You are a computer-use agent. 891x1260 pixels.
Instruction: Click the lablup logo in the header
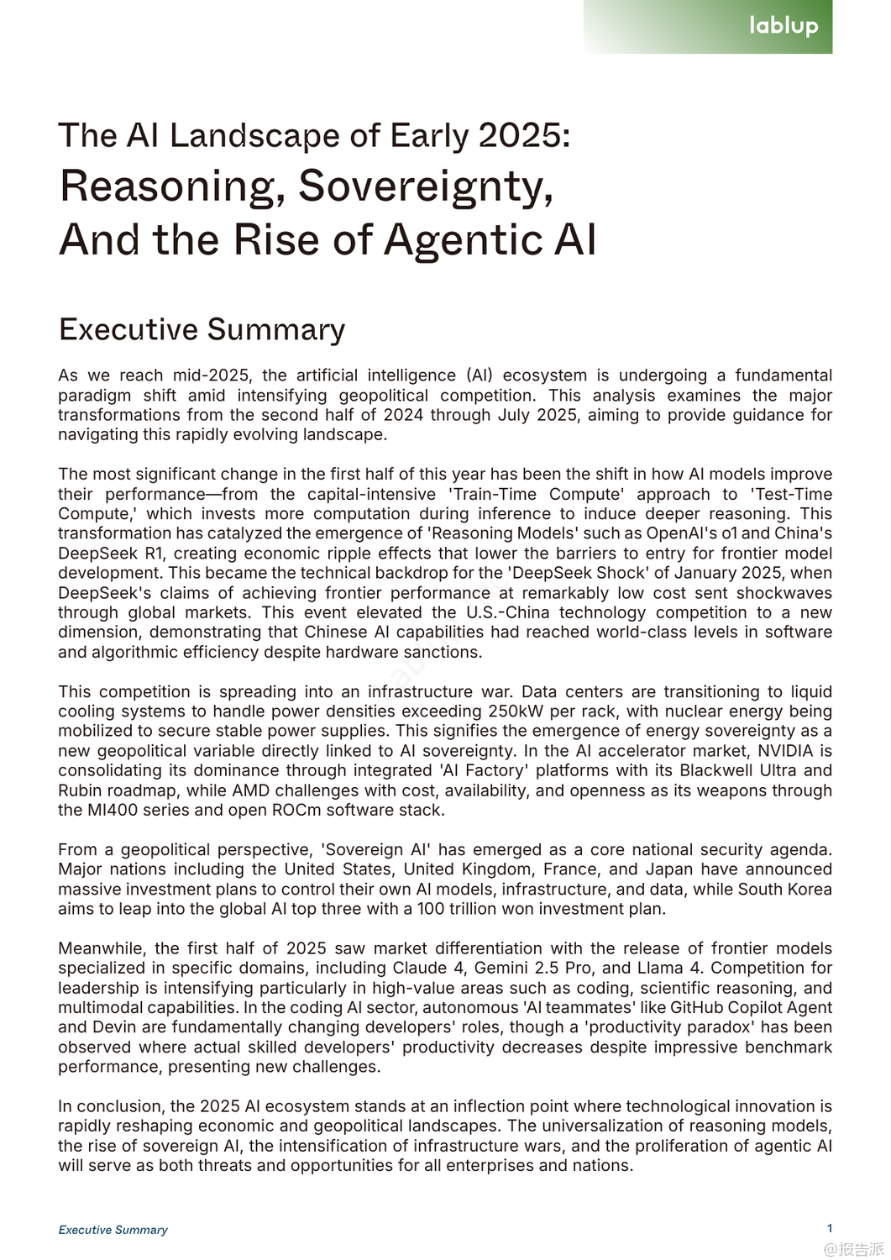783,25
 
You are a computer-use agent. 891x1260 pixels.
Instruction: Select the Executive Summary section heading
202,329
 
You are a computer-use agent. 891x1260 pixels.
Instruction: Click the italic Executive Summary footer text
113,1230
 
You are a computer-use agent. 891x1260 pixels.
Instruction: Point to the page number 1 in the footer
830,1228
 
